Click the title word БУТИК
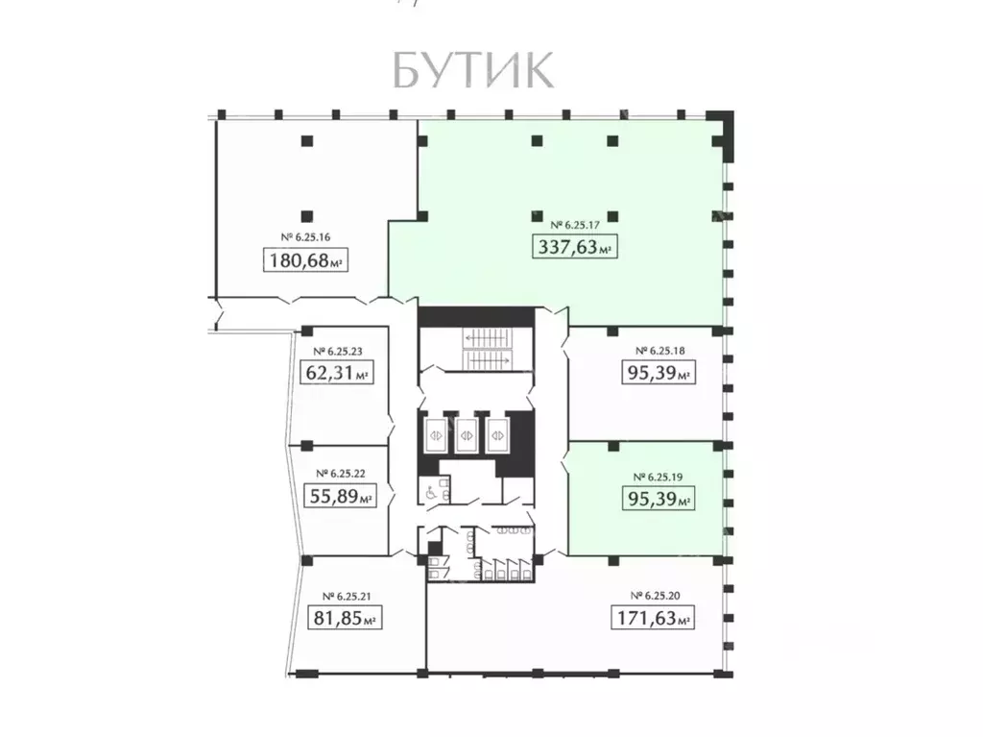coord(472,70)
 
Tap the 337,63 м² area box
coord(573,248)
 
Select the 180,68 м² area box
coord(305,260)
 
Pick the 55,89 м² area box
coord(338,496)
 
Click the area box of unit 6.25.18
coord(658,373)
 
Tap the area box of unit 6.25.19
coord(658,499)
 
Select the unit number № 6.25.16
coord(305,236)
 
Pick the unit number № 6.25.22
coord(338,473)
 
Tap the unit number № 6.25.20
coord(653,595)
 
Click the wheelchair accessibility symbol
coord(427,492)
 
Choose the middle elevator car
coord(467,434)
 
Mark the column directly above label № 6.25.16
coord(306,216)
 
